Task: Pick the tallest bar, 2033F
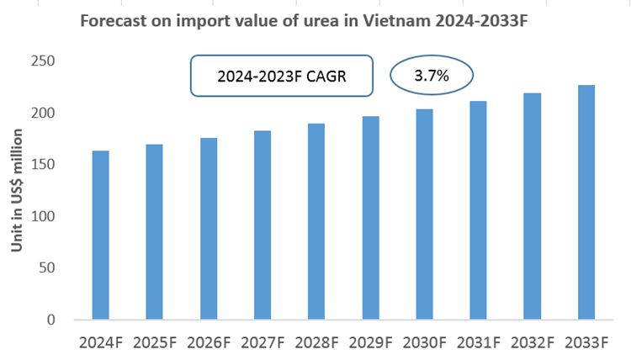(x=587, y=203)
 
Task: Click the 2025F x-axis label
(x=154, y=343)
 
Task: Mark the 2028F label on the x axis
(x=316, y=343)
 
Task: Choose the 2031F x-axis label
(x=479, y=343)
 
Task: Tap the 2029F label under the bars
(x=370, y=343)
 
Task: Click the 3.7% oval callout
(x=431, y=76)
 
